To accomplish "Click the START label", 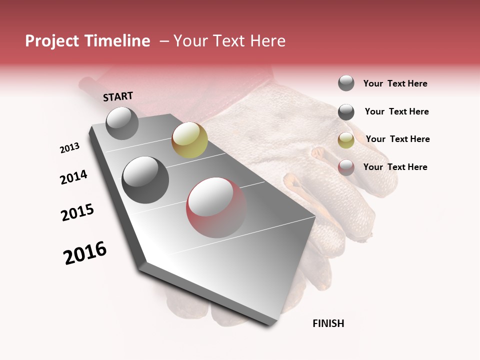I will click(118, 96).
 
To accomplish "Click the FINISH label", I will click(328, 323).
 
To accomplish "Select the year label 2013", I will click(69, 148).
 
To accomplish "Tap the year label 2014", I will click(73, 177).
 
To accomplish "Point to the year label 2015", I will click(77, 212).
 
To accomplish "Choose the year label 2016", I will click(85, 253).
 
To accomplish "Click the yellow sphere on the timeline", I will click(189, 140).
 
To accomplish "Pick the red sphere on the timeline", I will click(216, 207).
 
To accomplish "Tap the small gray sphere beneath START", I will click(122, 123).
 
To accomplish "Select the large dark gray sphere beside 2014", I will click(145, 179).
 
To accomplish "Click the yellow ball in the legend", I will click(346, 140).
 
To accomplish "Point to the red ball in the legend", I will click(346, 167).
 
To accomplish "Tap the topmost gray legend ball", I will click(346, 83).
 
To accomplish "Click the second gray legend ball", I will click(346, 112).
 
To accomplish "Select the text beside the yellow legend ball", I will click(397, 139).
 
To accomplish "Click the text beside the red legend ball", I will click(395, 167).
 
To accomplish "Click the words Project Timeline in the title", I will click(87, 41).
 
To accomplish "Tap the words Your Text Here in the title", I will click(229, 41).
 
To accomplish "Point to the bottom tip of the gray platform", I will click(270, 325).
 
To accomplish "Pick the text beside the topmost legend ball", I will click(395, 83).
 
